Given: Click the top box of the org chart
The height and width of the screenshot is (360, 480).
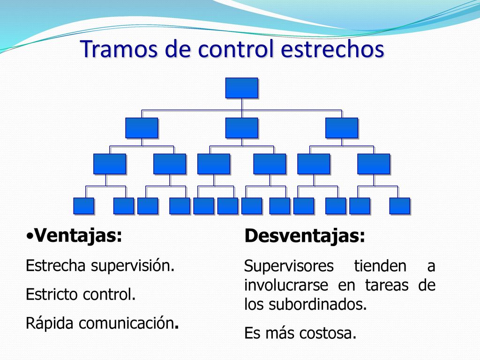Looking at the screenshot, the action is coord(242,88).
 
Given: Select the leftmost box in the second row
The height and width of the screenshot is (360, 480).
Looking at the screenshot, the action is coord(142,128).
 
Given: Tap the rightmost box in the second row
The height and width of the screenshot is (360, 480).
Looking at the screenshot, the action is coord(342,128).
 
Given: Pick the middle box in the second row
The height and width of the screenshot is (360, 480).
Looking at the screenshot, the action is coord(242,128).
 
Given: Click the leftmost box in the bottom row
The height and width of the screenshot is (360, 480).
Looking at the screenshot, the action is coord(83,206).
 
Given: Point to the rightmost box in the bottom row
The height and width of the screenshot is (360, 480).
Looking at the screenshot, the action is coord(400,206).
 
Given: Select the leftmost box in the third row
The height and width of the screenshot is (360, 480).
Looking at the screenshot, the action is coord(110,164).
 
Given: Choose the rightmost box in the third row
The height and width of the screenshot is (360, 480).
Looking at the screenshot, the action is coord(374,164).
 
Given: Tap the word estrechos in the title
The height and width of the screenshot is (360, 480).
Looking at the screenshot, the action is coord(332,49).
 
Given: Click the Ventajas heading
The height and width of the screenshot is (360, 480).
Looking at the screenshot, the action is coord(78,236).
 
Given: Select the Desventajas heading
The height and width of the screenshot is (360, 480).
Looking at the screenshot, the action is coord(305,236).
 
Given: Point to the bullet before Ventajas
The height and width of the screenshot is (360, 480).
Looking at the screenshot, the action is coord(30,236).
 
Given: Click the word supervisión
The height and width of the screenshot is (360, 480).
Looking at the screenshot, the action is coord(133,266).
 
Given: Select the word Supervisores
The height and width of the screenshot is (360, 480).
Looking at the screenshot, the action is coord(289,266).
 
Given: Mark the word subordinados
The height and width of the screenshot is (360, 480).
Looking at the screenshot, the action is coord(318,304).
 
